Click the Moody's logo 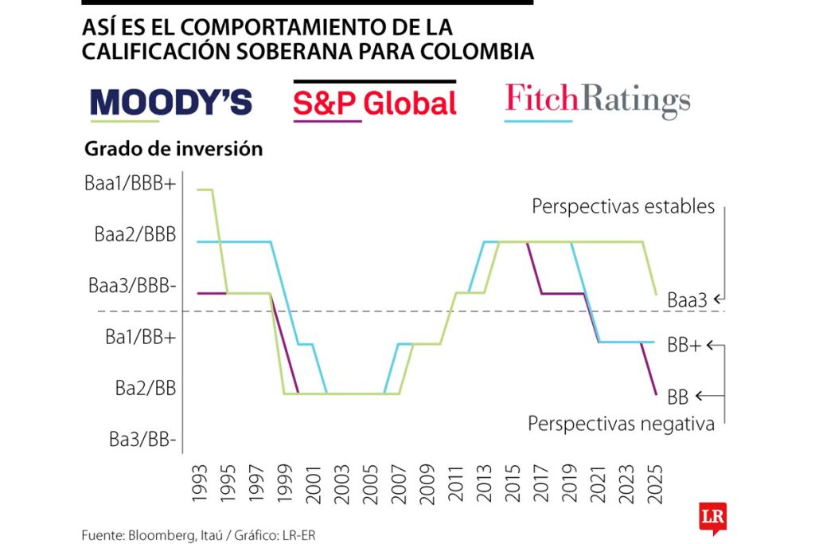pos(171,102)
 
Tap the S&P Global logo pos(375,103)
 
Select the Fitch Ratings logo pos(598,101)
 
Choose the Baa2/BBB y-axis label pos(135,235)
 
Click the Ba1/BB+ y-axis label pos(140,336)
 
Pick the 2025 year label pos(657,483)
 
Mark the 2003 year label pos(342,483)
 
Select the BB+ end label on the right pos(684,346)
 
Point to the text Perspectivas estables pos(623,207)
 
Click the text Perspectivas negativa pos(621,424)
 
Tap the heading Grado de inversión pos(173,149)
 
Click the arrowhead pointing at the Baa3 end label pos(718,299)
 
